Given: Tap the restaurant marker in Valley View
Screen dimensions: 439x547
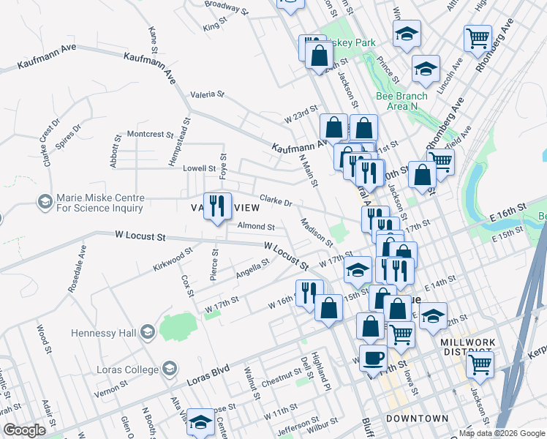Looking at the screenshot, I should point(218,207).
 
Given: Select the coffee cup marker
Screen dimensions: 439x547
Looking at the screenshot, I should point(374,359).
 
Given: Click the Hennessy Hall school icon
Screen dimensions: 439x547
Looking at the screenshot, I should point(147,333).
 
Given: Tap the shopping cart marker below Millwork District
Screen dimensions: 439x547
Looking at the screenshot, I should point(480,364).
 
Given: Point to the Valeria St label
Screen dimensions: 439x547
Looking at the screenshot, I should point(207,94).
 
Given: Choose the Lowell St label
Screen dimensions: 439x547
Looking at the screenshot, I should point(199,168).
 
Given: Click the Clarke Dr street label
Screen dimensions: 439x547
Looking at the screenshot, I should point(276,200).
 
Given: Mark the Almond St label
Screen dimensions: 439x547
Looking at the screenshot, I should point(256,228).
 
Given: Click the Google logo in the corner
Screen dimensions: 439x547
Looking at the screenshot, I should point(24,430).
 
